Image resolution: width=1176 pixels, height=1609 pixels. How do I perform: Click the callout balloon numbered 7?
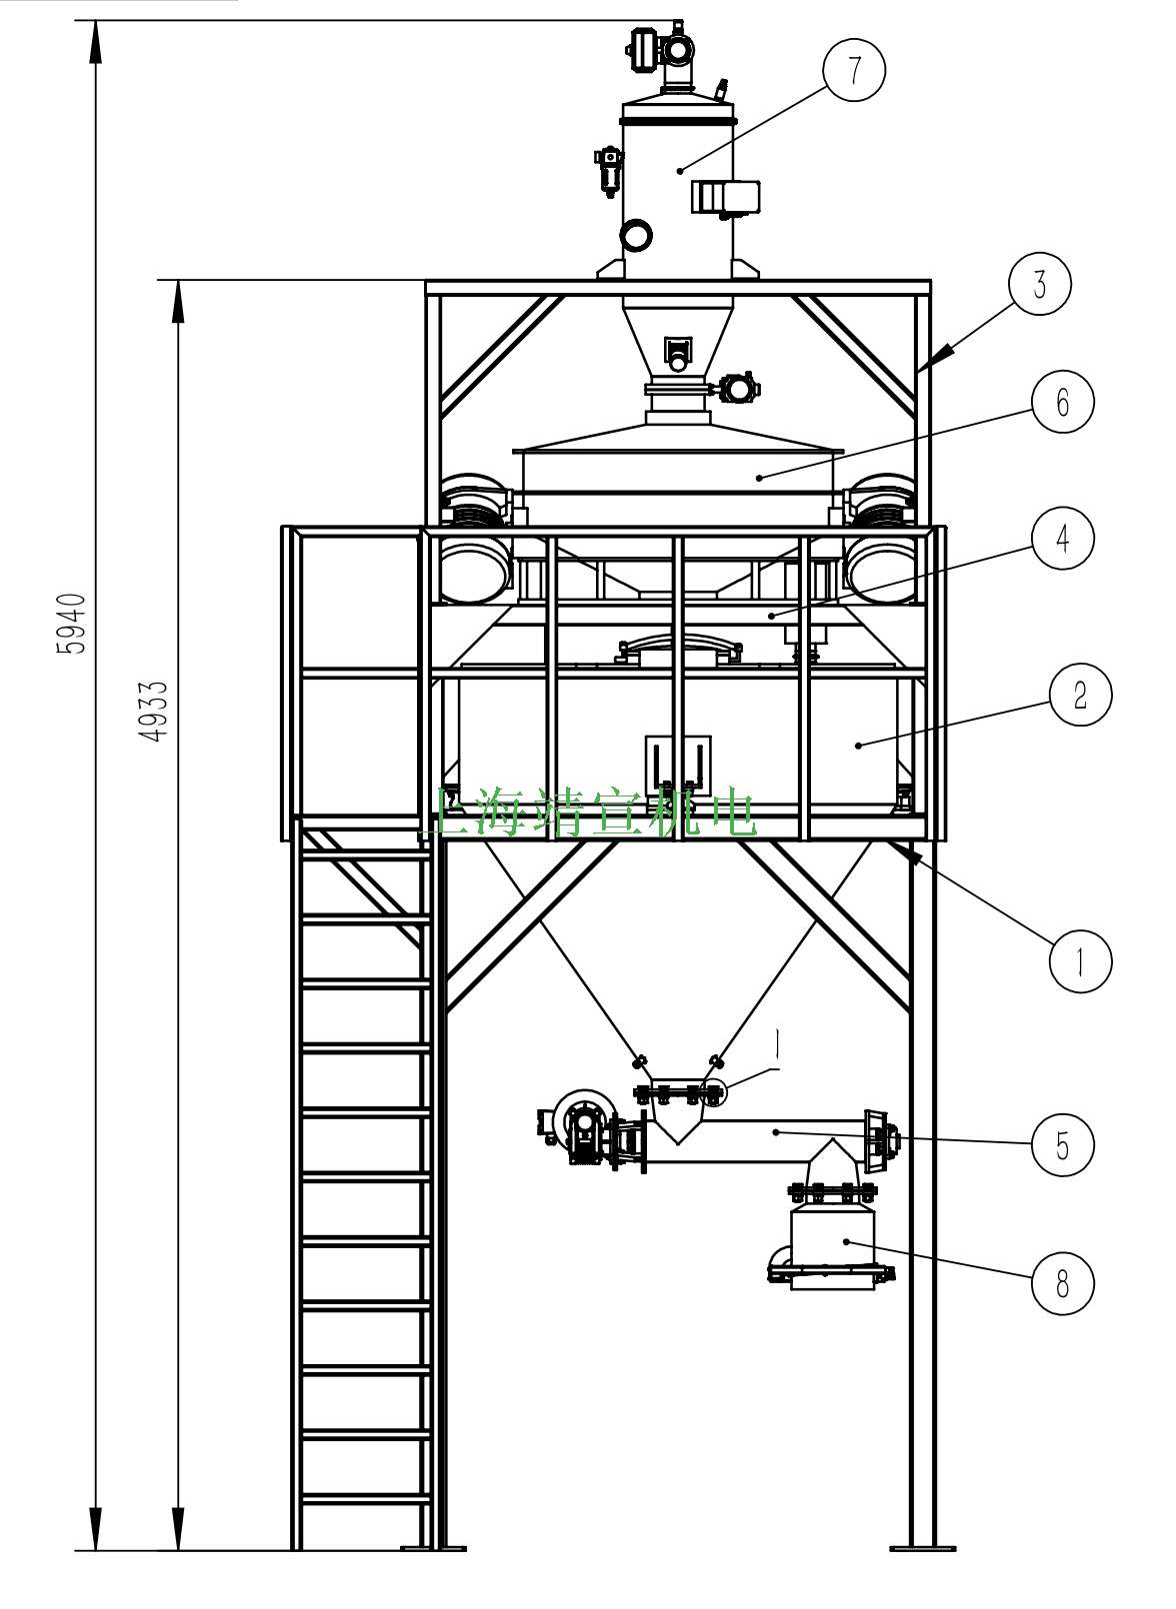point(854,70)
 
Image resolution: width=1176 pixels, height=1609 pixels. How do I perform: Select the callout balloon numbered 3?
point(1039,284)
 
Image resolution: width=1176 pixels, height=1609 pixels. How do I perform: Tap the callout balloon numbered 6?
point(1062,401)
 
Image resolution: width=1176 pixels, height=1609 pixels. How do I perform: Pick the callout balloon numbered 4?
point(1062,538)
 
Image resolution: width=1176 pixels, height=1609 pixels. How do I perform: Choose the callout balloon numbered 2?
point(1080,695)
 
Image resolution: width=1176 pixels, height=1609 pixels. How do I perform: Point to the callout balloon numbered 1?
point(1080,961)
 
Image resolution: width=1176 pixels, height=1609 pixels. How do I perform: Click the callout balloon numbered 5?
point(1062,1145)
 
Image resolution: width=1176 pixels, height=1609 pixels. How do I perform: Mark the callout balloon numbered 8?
point(1062,1283)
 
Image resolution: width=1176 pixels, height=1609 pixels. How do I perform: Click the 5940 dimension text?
point(72,624)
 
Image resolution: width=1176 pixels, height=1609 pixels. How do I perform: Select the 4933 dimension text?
point(153,712)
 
